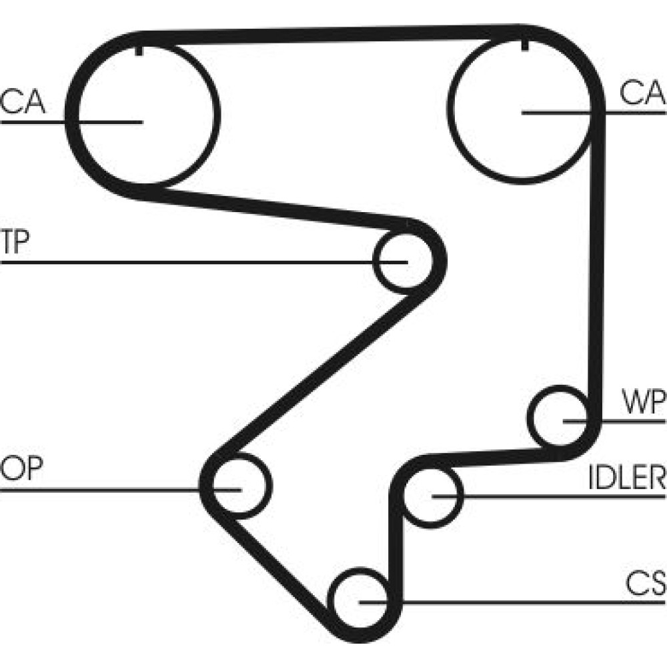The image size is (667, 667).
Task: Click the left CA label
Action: (x=23, y=101)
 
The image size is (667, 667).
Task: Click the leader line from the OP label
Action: (x=100, y=490)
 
